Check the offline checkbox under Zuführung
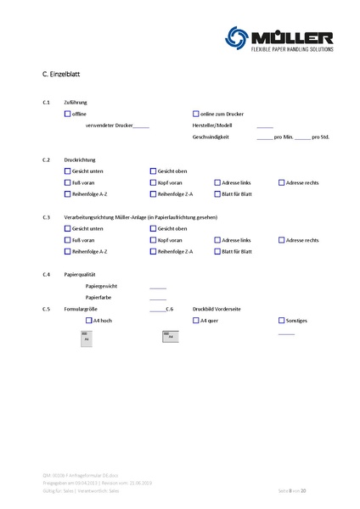pyautogui.click(x=67, y=113)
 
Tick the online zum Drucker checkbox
pyautogui.click(x=195, y=113)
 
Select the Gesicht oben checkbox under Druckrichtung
pyautogui.click(x=153, y=171)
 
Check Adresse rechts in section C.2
pyautogui.click(x=282, y=182)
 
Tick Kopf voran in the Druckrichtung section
pyautogui.click(x=153, y=182)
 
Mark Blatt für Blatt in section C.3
pyautogui.click(x=217, y=251)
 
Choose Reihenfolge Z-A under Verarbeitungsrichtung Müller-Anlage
pyautogui.click(x=153, y=251)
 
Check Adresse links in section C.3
pyautogui.click(x=217, y=240)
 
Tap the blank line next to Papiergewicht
pyautogui.click(x=158, y=287)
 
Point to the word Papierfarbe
pyautogui.click(x=100, y=298)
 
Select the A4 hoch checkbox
pyautogui.click(x=87, y=321)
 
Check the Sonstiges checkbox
pyautogui.click(x=282, y=321)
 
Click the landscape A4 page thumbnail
pyautogui.click(x=168, y=337)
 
